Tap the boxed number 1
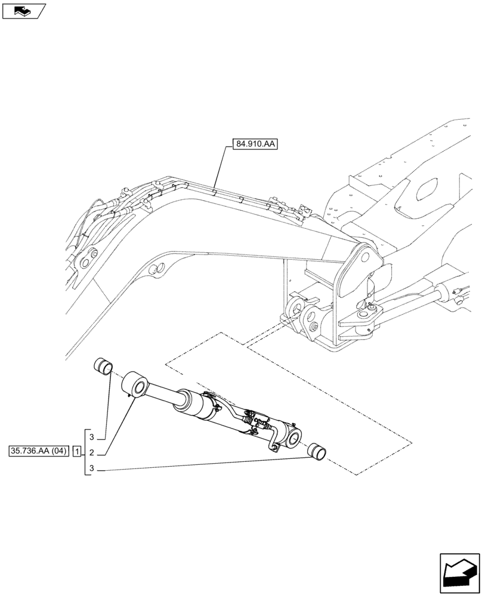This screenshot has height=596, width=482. pyautogui.click(x=76, y=451)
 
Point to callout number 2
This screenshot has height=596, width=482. pyautogui.click(x=91, y=451)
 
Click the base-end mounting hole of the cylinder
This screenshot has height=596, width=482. pyautogui.click(x=295, y=439)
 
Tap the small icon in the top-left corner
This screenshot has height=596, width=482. pyautogui.click(x=23, y=10)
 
